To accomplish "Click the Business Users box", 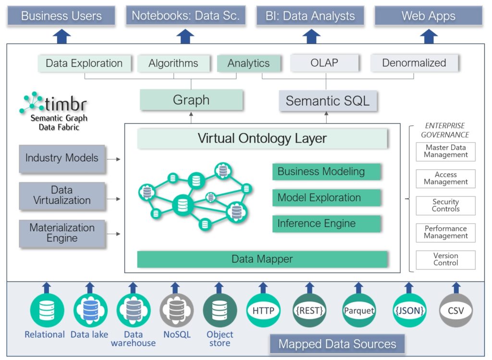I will pyautogui.click(x=61, y=15).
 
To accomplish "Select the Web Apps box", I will pyautogui.click(x=429, y=15).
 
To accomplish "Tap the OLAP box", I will pyautogui.click(x=324, y=63).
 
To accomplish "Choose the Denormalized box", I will pyautogui.click(x=414, y=63).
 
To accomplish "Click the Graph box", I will pyautogui.click(x=191, y=100).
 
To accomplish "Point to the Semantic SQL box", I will pyautogui.click(x=328, y=101).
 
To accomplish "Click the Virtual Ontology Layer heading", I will pyautogui.click(x=262, y=139).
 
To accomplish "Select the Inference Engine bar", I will pyautogui.click(x=327, y=224).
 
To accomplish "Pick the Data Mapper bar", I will pyautogui.click(x=262, y=259).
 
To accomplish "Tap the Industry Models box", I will pyautogui.click(x=62, y=158).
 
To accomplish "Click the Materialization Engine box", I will pyautogui.click(x=62, y=233).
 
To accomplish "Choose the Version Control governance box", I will pyautogui.click(x=445, y=259).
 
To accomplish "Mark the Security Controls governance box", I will pyautogui.click(x=445, y=205).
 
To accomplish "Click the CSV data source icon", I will pyautogui.click(x=456, y=311).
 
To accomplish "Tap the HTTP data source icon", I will pyautogui.click(x=263, y=311).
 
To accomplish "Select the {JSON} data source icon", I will pyautogui.click(x=409, y=311).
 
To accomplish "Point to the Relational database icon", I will pyautogui.click(x=47, y=310).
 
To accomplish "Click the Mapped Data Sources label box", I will pyautogui.click(x=337, y=344).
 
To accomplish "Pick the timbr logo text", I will pyautogui.click(x=65, y=103).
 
